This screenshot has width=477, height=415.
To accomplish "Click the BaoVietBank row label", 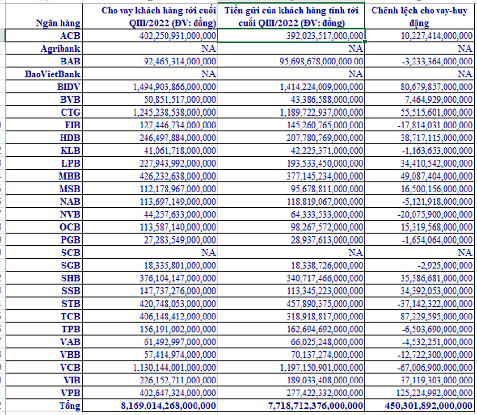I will coord(53,74).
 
